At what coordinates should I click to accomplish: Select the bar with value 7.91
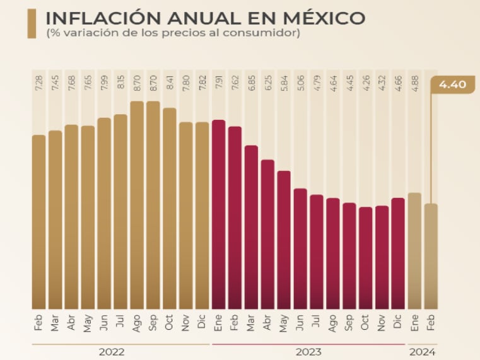click(219, 214)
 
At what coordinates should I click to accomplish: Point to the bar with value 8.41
click(170, 208)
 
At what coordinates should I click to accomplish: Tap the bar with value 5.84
click(284, 239)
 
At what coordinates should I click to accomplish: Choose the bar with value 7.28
click(39, 221)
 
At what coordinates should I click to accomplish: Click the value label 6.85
click(251, 88)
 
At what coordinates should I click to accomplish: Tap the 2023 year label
click(308, 352)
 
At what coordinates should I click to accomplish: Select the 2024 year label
click(423, 352)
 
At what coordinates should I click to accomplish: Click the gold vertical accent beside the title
click(32, 23)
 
